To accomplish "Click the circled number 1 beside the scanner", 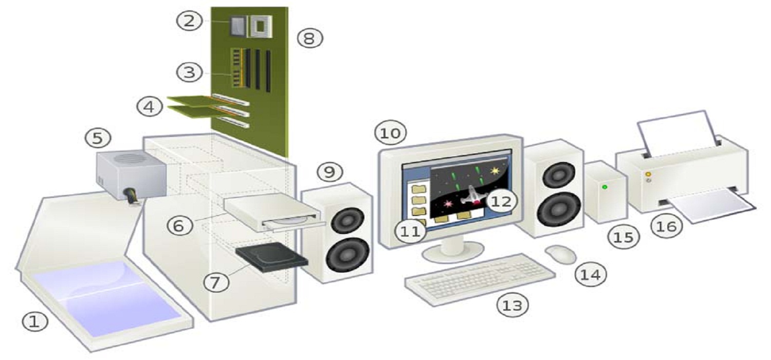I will point(34,323).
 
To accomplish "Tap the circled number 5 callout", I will point(98,137).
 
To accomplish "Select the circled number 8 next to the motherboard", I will point(310,38).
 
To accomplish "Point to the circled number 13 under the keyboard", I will point(512,305).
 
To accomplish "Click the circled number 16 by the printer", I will point(666,226).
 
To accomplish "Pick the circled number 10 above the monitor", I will point(390,133).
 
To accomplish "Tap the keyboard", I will point(481,279).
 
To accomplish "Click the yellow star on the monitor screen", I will point(495,170).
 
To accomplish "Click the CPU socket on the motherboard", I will point(261,26).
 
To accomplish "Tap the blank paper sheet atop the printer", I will point(677,132).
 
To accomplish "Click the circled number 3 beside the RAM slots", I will point(190,72).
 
